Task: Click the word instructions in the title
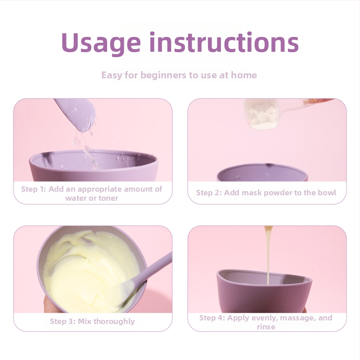224,42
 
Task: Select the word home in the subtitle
243,75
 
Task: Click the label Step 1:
33,189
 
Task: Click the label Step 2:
209,193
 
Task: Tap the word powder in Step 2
266,193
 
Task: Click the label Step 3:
63,321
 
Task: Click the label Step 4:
212,318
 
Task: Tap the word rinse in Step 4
266,327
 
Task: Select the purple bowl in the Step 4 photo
264,292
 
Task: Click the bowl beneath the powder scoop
262,172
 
